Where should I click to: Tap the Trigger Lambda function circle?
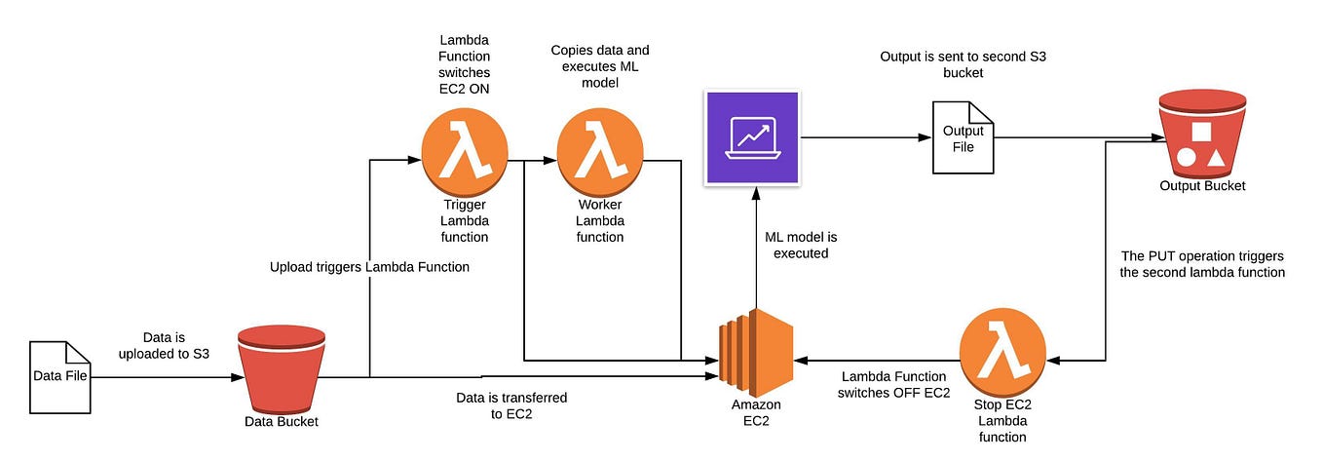pos(465,153)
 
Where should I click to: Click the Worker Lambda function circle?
pos(599,153)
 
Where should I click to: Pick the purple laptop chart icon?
pos(751,137)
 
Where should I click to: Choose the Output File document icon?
pos(963,138)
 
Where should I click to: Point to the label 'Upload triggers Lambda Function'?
pos(369,266)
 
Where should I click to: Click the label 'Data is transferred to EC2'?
pos(511,405)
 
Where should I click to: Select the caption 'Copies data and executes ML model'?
pos(599,66)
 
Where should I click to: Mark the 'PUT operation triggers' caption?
pos(1202,264)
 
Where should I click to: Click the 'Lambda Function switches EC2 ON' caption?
pos(465,64)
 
